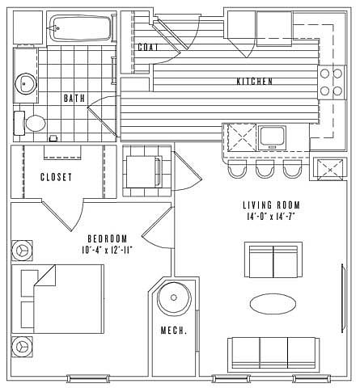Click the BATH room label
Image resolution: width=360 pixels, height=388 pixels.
(74, 98)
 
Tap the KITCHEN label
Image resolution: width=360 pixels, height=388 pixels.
(255, 82)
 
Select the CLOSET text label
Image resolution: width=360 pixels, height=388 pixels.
(57, 177)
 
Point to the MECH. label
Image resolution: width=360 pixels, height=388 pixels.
(174, 331)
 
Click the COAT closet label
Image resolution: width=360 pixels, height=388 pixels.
(148, 48)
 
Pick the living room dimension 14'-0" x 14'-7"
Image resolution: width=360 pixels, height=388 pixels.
(270, 217)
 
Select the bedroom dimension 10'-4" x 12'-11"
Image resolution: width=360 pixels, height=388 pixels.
(108, 251)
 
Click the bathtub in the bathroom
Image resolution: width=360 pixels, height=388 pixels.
(80, 28)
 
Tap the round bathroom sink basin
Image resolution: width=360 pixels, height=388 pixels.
(25, 83)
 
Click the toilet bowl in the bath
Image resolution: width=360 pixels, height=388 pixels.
(36, 124)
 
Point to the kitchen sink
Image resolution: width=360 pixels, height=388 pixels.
(272, 137)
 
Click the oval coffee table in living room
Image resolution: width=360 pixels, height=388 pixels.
(273, 304)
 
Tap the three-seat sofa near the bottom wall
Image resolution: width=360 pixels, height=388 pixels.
(273, 353)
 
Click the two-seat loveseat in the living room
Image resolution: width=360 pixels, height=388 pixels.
(273, 260)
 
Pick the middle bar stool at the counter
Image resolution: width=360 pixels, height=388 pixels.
(265, 169)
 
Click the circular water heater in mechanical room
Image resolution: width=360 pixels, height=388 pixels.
(174, 297)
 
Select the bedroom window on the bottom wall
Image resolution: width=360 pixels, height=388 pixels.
(88, 378)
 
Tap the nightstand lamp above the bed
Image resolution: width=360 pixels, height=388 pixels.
(22, 251)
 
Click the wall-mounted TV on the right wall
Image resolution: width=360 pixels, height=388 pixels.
(343, 298)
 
